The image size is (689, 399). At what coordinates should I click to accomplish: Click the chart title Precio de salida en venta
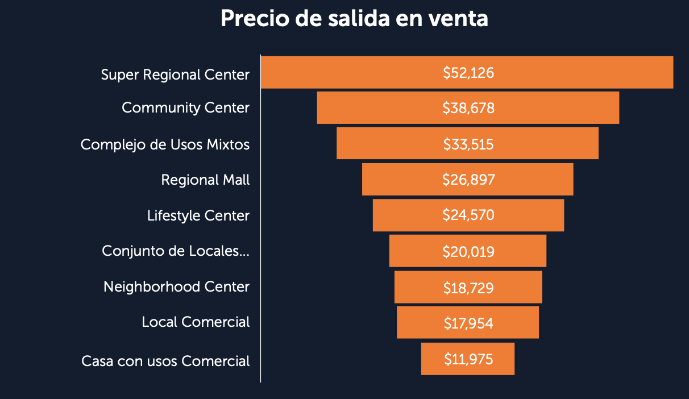tap(354, 19)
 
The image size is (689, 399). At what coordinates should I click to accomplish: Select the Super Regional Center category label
tap(175, 74)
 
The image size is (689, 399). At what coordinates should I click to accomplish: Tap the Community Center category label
tap(185, 107)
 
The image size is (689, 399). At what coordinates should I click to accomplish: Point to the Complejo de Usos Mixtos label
tap(165, 144)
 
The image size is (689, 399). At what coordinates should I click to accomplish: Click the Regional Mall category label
tap(205, 180)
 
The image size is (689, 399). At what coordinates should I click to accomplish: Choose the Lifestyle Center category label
tap(198, 216)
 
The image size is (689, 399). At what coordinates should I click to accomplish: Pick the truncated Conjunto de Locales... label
tap(175, 251)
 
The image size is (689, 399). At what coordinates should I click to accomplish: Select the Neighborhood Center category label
tap(176, 286)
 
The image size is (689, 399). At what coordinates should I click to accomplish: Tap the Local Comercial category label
tap(196, 322)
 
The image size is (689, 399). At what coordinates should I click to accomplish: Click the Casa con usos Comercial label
tap(165, 361)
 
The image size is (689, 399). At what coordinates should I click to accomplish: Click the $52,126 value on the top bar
tap(468, 73)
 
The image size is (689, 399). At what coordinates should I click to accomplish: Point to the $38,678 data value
tap(468, 108)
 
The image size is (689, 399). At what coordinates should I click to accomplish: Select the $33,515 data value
tap(468, 144)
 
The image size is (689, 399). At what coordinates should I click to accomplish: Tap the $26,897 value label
tap(468, 180)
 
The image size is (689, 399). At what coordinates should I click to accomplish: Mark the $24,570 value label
tap(468, 215)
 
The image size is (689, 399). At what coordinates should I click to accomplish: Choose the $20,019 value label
tap(468, 251)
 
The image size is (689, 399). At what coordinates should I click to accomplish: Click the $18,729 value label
tap(468, 287)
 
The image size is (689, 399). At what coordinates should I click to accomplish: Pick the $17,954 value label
tap(468, 323)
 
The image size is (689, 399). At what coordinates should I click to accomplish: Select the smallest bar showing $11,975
tap(468, 359)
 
